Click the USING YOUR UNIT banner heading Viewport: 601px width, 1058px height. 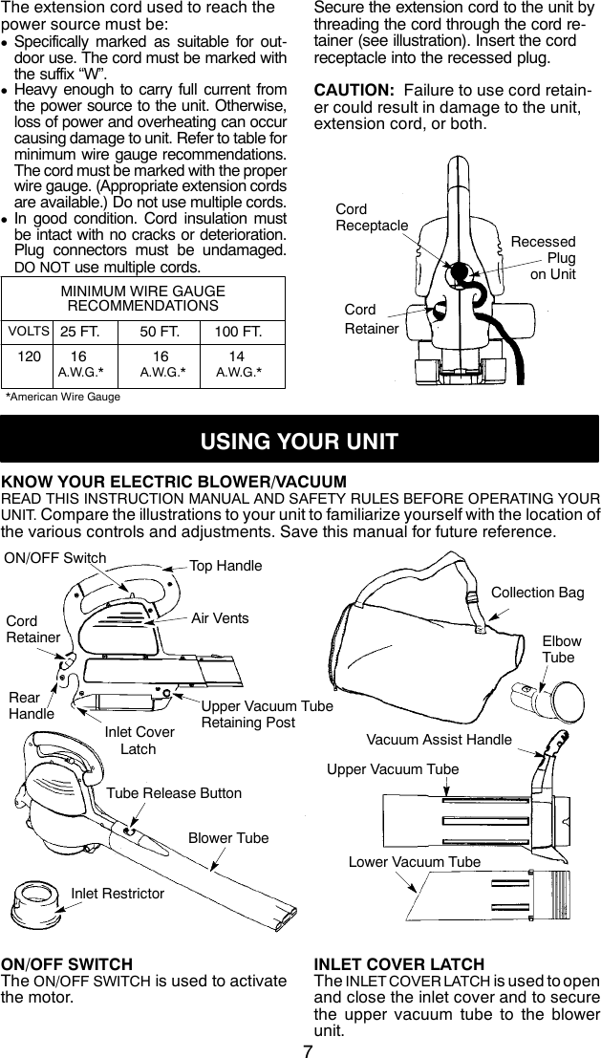tap(300, 442)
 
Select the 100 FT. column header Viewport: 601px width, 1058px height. tap(239, 333)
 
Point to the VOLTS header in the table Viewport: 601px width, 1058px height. tap(29, 333)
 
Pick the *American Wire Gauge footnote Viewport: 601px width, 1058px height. tap(63, 396)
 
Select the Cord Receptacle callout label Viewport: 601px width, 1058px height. tap(371, 217)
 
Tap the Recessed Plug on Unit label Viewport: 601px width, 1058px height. tap(545, 258)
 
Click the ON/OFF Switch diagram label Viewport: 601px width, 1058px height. tap(55, 558)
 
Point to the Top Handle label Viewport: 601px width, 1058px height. tap(225, 566)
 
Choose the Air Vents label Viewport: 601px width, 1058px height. tap(220, 618)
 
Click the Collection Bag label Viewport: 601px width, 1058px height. tap(537, 593)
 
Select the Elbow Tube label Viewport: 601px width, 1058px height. tap(561, 650)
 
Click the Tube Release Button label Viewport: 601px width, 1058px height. tap(174, 793)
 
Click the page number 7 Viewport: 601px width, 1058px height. tap(308, 1047)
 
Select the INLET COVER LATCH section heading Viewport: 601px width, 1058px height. tap(398, 964)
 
